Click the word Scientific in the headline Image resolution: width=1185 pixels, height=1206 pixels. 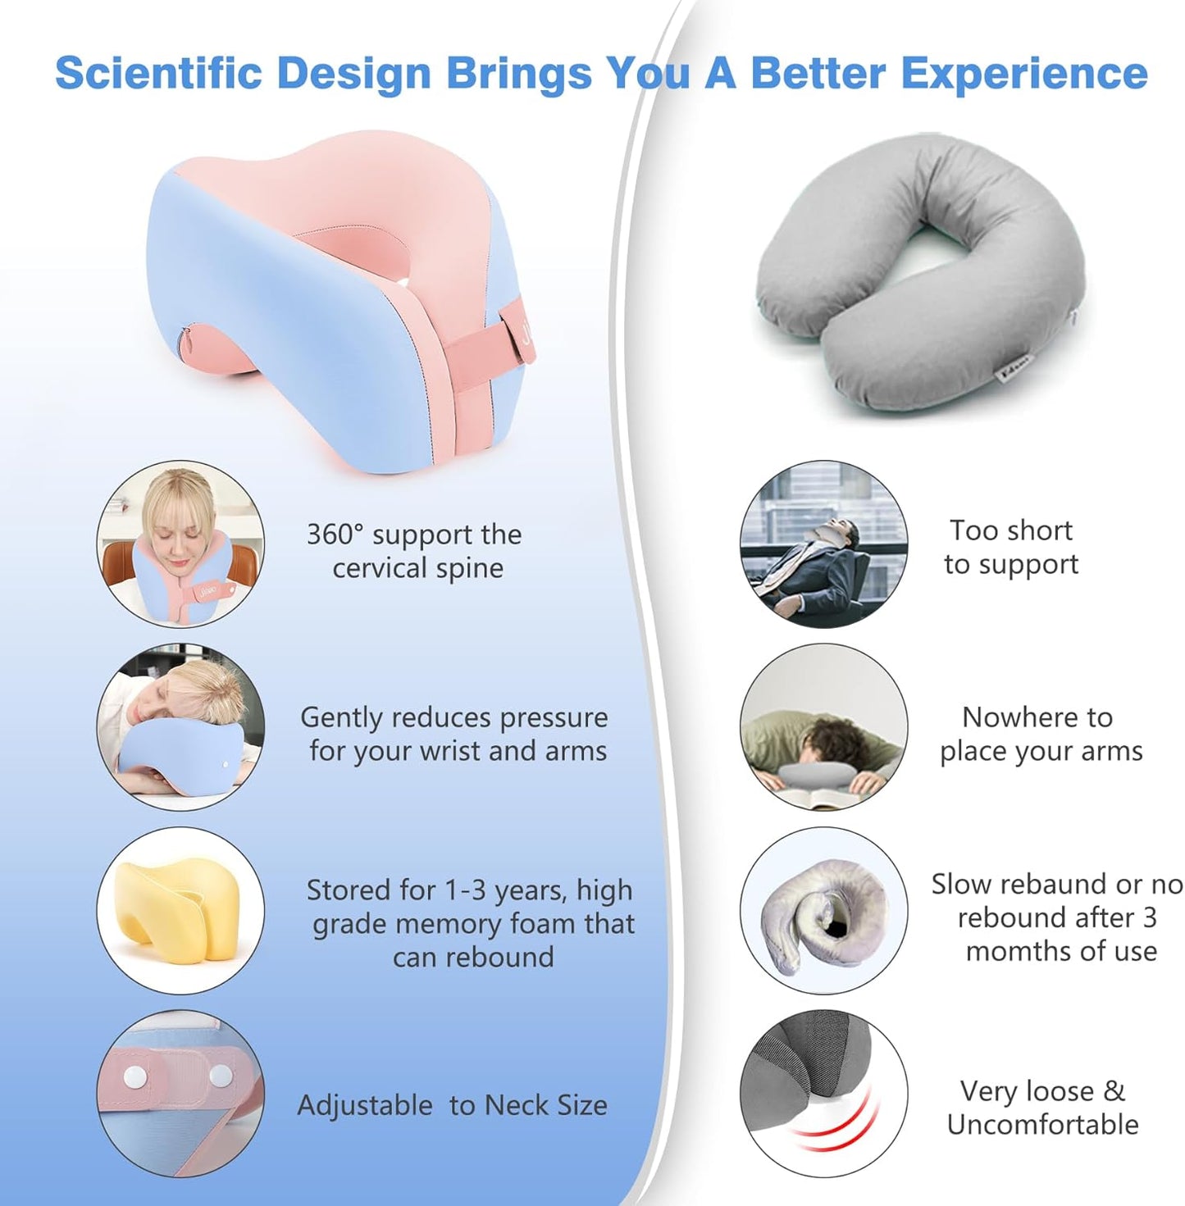(x=157, y=73)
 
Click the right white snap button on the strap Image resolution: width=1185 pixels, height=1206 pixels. (x=221, y=1075)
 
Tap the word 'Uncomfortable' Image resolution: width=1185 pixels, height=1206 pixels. (x=1042, y=1124)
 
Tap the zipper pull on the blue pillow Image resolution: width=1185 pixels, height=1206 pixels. (x=186, y=337)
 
